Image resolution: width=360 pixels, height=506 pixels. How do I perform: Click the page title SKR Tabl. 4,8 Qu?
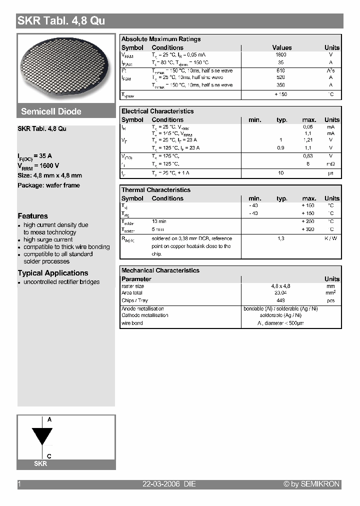61,21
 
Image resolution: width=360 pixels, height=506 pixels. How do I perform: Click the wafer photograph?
66,68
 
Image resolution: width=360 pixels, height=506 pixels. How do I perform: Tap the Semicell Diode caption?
51,111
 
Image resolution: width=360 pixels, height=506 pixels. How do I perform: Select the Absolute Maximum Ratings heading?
161,39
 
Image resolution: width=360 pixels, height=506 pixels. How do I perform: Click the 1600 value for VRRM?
281,55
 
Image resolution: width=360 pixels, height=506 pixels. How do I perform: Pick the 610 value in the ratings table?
281,70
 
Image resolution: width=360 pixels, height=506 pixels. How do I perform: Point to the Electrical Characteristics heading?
157,111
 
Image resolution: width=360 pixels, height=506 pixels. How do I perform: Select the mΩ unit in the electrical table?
330,164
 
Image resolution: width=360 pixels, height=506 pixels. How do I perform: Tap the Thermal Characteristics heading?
156,190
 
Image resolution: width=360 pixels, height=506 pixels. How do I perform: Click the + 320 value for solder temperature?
308,229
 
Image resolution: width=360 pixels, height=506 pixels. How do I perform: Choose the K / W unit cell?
330,238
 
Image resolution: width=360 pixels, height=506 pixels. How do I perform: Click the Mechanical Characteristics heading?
160,270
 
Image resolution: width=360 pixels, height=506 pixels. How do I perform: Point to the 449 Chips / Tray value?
281,300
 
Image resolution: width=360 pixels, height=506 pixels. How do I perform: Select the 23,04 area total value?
281,293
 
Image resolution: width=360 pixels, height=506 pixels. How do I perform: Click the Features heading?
33,216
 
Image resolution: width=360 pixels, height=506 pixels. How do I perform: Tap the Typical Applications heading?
53,273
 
